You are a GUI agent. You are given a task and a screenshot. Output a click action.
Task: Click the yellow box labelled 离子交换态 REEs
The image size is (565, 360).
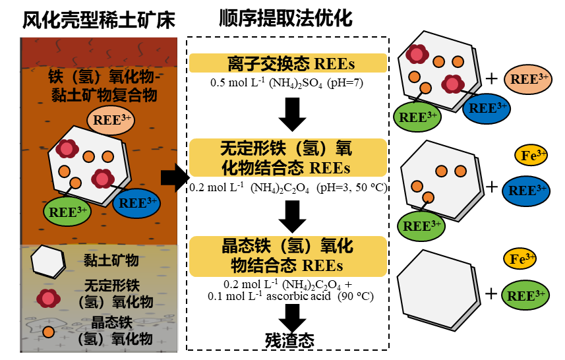(x=288, y=63)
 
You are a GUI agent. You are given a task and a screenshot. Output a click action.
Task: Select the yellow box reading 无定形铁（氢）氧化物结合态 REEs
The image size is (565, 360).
(x=288, y=158)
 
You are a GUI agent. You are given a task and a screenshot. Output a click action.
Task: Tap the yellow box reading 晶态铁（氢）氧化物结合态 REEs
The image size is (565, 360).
(x=288, y=256)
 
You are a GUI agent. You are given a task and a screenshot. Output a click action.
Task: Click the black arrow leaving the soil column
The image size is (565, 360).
(x=169, y=177)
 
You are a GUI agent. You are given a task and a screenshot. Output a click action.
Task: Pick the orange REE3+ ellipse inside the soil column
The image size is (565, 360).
(x=110, y=119)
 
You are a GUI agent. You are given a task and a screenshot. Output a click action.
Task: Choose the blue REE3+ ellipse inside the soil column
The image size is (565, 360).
(x=136, y=203)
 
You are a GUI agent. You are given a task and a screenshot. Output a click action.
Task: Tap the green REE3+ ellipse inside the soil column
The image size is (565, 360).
(x=67, y=212)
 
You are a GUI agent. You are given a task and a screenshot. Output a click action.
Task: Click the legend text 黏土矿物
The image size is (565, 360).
(x=111, y=260)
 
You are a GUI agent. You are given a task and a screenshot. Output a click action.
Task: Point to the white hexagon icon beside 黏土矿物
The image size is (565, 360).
(x=48, y=261)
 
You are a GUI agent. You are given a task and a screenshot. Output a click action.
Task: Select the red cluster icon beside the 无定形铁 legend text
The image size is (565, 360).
(x=48, y=298)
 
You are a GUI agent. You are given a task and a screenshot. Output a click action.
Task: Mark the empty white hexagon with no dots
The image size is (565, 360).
(x=436, y=288)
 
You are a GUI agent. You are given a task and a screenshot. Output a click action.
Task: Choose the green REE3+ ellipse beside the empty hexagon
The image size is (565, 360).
(x=525, y=295)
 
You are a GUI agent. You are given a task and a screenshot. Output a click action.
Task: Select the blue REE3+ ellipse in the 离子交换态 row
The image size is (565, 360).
(x=487, y=107)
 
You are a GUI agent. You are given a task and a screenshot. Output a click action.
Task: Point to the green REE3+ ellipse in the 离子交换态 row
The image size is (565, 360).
(x=417, y=117)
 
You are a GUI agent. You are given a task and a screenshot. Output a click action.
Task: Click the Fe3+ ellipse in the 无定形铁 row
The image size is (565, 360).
(x=531, y=156)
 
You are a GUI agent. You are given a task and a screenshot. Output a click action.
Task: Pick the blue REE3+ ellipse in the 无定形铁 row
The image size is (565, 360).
(x=526, y=191)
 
